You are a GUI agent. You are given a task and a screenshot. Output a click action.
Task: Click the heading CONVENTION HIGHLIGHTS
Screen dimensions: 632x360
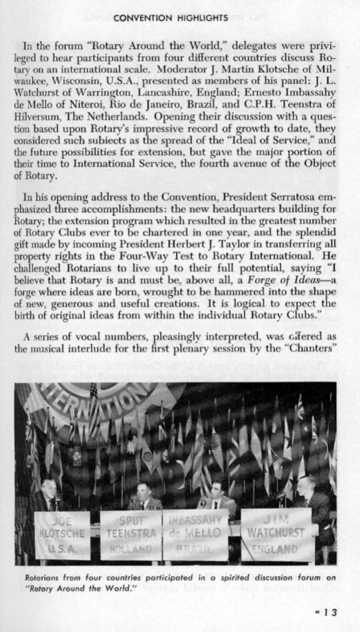[x=171, y=18]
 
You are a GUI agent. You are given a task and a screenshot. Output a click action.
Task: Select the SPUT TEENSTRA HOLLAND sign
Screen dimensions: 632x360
[x=131, y=534]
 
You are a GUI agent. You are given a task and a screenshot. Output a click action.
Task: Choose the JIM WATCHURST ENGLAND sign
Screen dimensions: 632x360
[x=276, y=534]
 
